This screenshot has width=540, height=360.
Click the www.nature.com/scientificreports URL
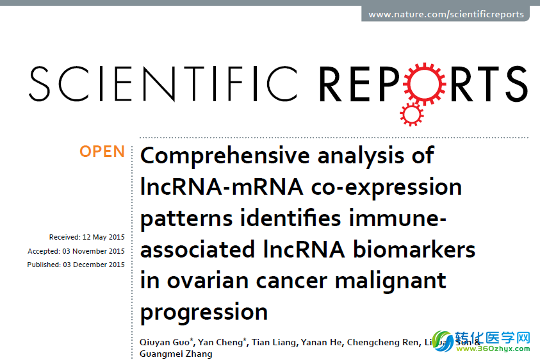click(x=446, y=15)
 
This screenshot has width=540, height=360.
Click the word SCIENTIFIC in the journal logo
click(x=163, y=84)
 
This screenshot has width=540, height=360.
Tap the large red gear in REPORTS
click(x=425, y=84)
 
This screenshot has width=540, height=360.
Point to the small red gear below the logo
click(x=411, y=114)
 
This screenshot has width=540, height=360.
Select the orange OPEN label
click(x=102, y=152)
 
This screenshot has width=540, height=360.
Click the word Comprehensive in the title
click(x=225, y=156)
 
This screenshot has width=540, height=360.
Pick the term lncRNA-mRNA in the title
click(x=222, y=187)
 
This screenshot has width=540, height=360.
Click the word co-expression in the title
click(x=386, y=188)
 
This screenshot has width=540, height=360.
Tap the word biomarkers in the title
click(x=414, y=249)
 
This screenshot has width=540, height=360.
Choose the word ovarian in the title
click(x=208, y=281)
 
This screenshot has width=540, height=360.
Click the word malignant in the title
click(x=391, y=281)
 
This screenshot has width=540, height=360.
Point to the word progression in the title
click(x=204, y=313)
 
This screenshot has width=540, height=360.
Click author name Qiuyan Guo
click(x=165, y=342)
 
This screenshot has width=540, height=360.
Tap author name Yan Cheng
click(x=220, y=342)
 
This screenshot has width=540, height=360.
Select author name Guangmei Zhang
click(x=176, y=354)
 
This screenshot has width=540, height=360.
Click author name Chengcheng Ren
click(x=383, y=342)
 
